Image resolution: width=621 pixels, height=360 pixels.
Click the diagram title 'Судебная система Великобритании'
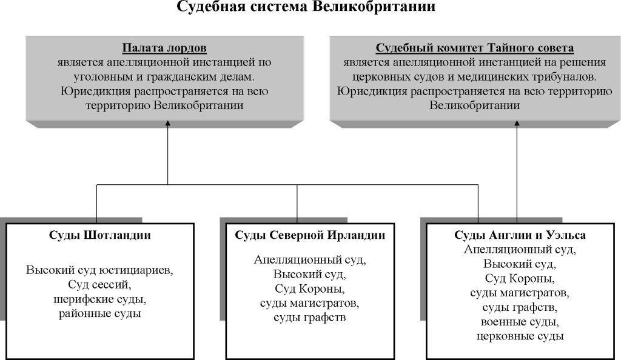tap(306, 6)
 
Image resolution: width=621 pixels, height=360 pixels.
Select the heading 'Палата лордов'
tap(164, 48)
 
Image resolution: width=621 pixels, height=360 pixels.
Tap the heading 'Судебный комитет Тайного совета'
tap(474, 48)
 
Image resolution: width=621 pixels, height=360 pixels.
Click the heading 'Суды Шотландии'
tap(100, 235)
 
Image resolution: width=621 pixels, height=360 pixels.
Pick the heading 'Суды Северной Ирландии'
tap(310, 235)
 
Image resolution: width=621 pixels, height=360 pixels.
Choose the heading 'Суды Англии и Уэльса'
tap(520, 235)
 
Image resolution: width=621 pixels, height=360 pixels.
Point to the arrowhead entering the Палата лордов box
tap(167, 124)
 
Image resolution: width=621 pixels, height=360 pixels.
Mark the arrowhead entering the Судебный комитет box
tap(517, 124)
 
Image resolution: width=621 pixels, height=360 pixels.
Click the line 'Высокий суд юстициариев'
tap(100, 270)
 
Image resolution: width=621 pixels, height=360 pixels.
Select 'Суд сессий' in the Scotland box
tap(100, 284)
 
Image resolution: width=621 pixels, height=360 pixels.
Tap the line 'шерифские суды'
tap(100, 299)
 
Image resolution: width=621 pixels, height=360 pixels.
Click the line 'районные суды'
tap(100, 314)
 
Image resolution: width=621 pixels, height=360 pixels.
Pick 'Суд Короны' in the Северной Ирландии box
tap(310, 288)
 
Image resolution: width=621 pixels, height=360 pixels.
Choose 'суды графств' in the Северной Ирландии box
tap(310, 318)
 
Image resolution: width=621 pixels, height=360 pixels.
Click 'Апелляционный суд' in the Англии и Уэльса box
tap(520, 250)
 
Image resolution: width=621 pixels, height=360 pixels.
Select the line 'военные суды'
tap(520, 322)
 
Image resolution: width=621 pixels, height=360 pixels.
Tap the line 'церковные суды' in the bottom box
tap(520, 336)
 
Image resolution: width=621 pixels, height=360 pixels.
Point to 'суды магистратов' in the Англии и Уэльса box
tap(520, 293)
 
